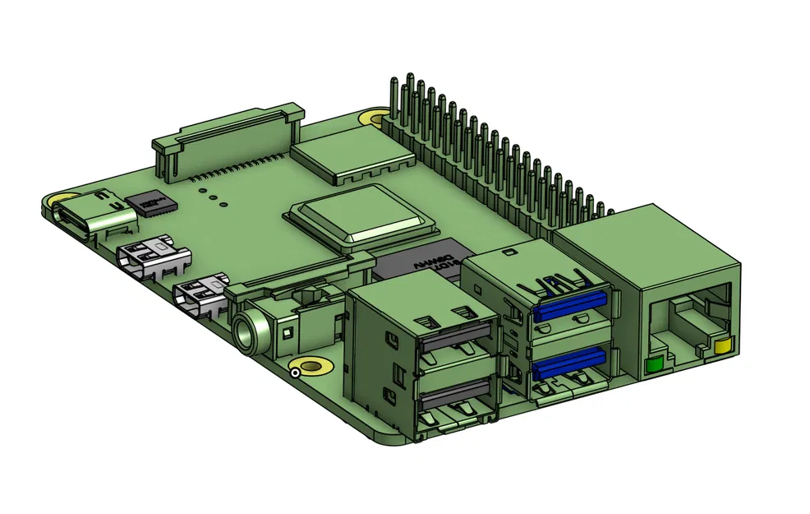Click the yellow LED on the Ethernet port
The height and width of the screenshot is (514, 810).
(723, 344)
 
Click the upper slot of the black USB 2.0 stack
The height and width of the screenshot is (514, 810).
(454, 336)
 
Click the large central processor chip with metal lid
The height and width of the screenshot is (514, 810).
(360, 215)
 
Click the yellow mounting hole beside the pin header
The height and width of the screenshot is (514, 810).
(376, 118)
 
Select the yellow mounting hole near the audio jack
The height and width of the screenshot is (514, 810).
(313, 366)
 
